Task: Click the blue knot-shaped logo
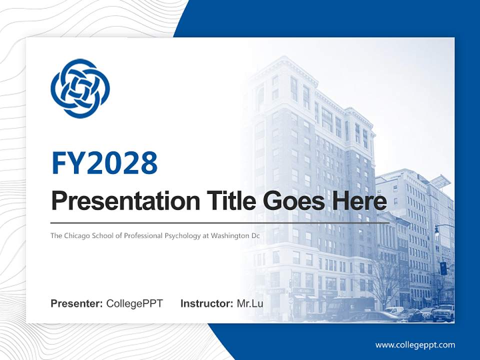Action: (80, 88)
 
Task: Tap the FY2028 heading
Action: (104, 162)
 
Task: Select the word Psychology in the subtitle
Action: (185, 234)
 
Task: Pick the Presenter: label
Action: (77, 303)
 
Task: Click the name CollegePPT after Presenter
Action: (134, 303)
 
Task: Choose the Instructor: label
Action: (206, 303)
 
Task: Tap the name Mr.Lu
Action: (250, 303)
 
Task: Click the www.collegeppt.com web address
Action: (415, 344)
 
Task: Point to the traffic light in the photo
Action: (443, 268)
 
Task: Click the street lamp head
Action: (436, 231)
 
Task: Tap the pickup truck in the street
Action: (443, 313)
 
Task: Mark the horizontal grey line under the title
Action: (220, 222)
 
